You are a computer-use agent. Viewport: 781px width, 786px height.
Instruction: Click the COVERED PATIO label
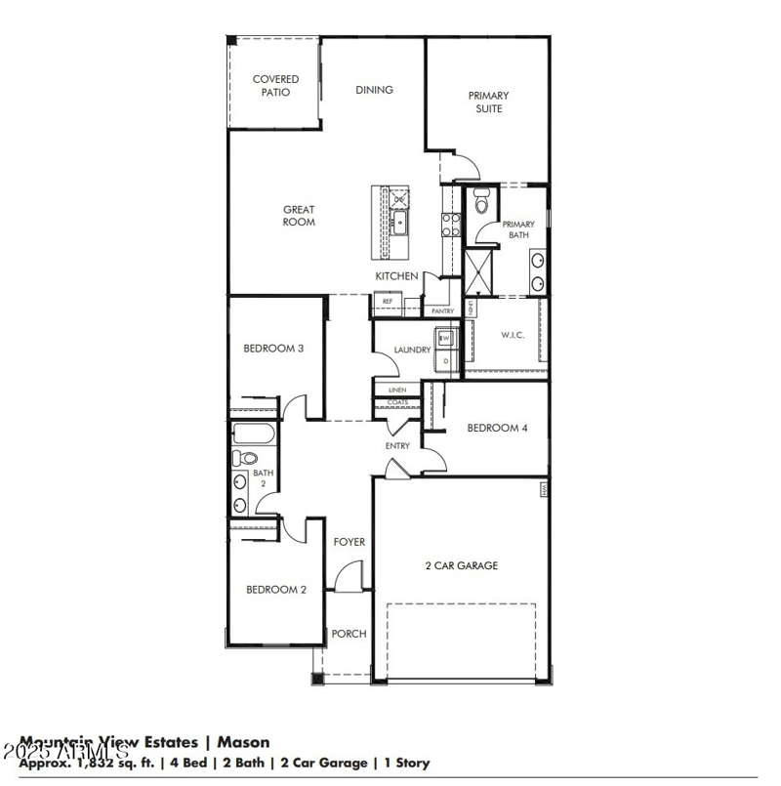(x=275, y=86)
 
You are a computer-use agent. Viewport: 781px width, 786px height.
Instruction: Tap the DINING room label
(x=374, y=90)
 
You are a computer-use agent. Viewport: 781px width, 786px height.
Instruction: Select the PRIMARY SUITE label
(x=488, y=103)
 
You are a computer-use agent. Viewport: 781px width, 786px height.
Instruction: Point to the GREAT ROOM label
(x=299, y=216)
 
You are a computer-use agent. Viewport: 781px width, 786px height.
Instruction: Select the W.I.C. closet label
(x=513, y=335)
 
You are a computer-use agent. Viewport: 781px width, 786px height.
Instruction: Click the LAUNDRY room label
(x=412, y=350)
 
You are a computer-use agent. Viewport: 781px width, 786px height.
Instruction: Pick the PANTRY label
(x=442, y=311)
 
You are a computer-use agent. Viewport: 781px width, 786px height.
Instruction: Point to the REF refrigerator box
(x=388, y=302)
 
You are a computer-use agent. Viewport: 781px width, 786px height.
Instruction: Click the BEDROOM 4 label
(x=497, y=428)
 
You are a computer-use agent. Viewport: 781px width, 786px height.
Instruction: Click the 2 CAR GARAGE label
(x=461, y=565)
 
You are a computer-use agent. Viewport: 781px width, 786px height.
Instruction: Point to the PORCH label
(x=349, y=634)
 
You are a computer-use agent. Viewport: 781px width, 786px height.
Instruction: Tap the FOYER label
(x=349, y=542)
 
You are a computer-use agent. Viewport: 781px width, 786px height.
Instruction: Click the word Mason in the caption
(x=243, y=743)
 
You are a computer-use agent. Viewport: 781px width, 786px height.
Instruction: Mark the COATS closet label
(x=397, y=402)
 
